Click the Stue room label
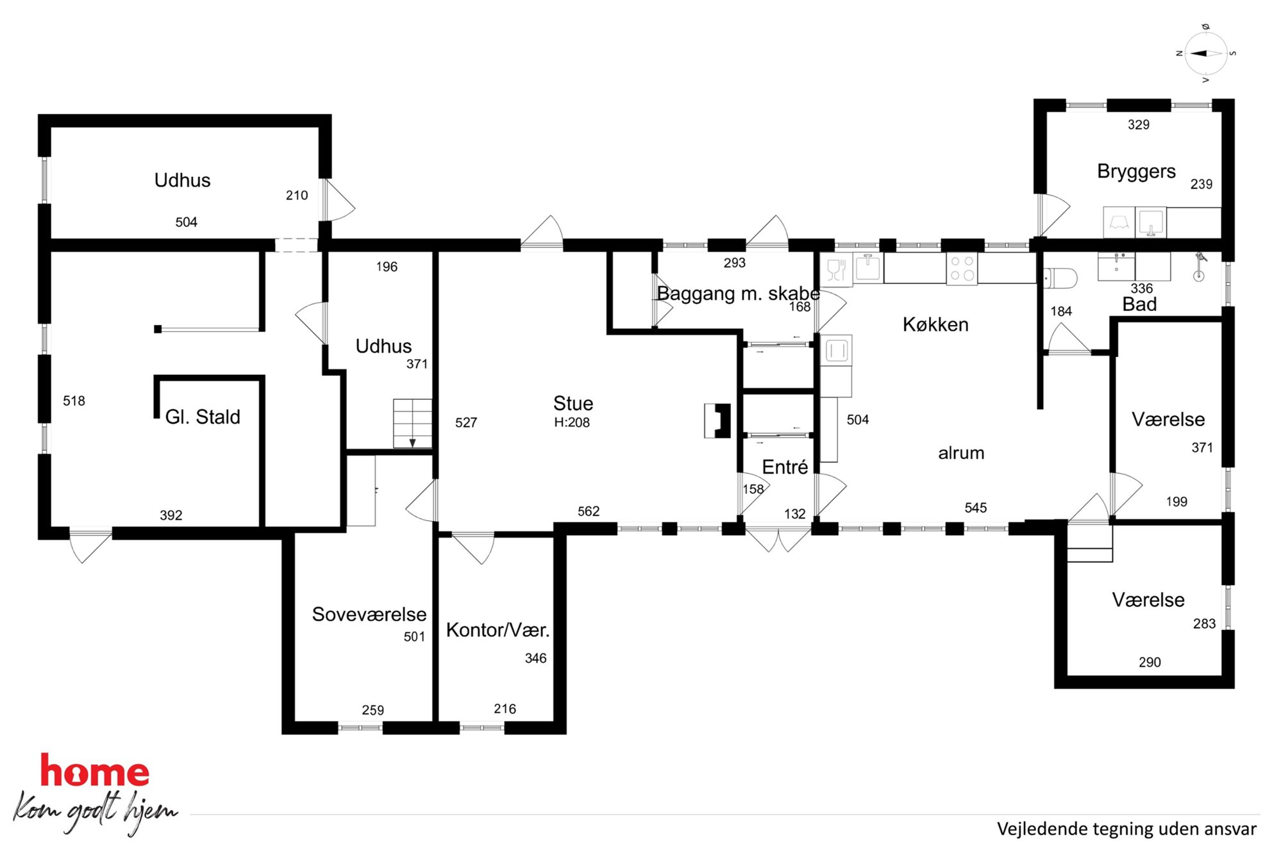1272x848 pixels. coord(573,403)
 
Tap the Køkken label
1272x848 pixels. coord(935,324)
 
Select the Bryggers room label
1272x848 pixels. coord(1136,172)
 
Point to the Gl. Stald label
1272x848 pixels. coord(203,417)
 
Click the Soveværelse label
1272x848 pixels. coord(369,614)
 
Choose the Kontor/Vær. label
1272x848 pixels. coord(498,630)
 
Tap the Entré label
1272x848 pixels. coord(785,467)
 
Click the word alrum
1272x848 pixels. coord(961,453)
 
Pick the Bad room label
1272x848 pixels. coord(1139,304)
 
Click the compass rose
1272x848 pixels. coord(1205,54)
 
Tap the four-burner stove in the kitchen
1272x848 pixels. coord(962,269)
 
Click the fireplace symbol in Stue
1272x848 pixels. coord(717,420)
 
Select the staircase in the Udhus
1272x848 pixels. coord(412,424)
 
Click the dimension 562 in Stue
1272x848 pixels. coord(589,511)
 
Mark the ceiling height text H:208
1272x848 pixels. coord(572,422)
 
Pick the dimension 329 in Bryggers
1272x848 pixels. coord(1139,125)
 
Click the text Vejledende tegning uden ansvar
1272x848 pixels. coord(1126,829)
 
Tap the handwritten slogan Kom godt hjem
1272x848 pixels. coord(95,812)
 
